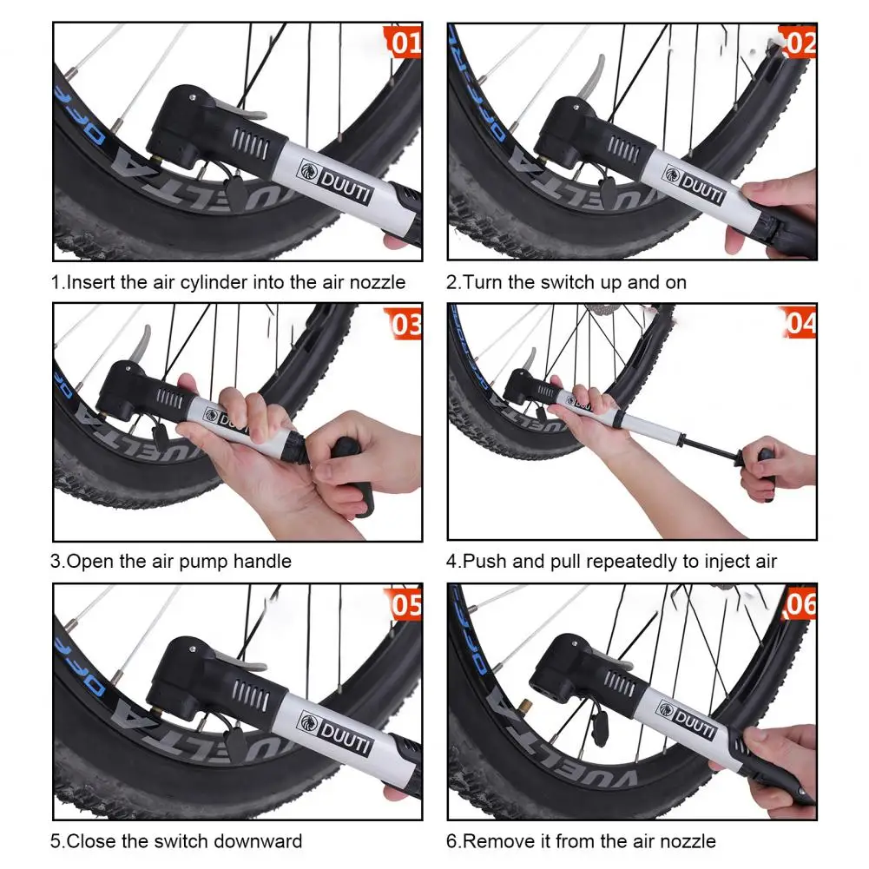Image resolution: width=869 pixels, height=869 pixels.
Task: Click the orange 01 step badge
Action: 403,41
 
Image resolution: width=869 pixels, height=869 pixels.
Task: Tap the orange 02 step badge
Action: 798,42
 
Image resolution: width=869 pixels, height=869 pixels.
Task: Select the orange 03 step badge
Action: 403,323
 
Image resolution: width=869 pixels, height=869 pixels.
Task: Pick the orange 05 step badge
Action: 403,603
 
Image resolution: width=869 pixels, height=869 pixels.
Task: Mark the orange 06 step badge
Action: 799,603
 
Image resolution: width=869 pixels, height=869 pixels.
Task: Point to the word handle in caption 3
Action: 262,562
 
